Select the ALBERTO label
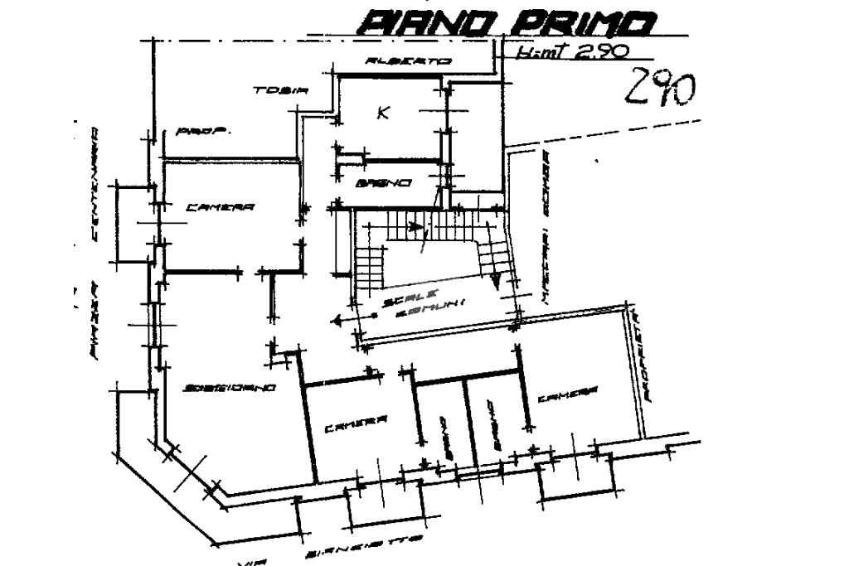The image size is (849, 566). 409,61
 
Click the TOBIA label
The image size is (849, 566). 281,90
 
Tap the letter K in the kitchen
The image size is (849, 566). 383,113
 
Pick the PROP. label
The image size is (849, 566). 203,131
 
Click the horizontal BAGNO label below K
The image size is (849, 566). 383,182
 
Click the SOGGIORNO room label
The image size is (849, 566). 230,388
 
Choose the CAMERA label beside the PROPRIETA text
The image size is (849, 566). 568,397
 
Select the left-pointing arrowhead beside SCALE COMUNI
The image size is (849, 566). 336,320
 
